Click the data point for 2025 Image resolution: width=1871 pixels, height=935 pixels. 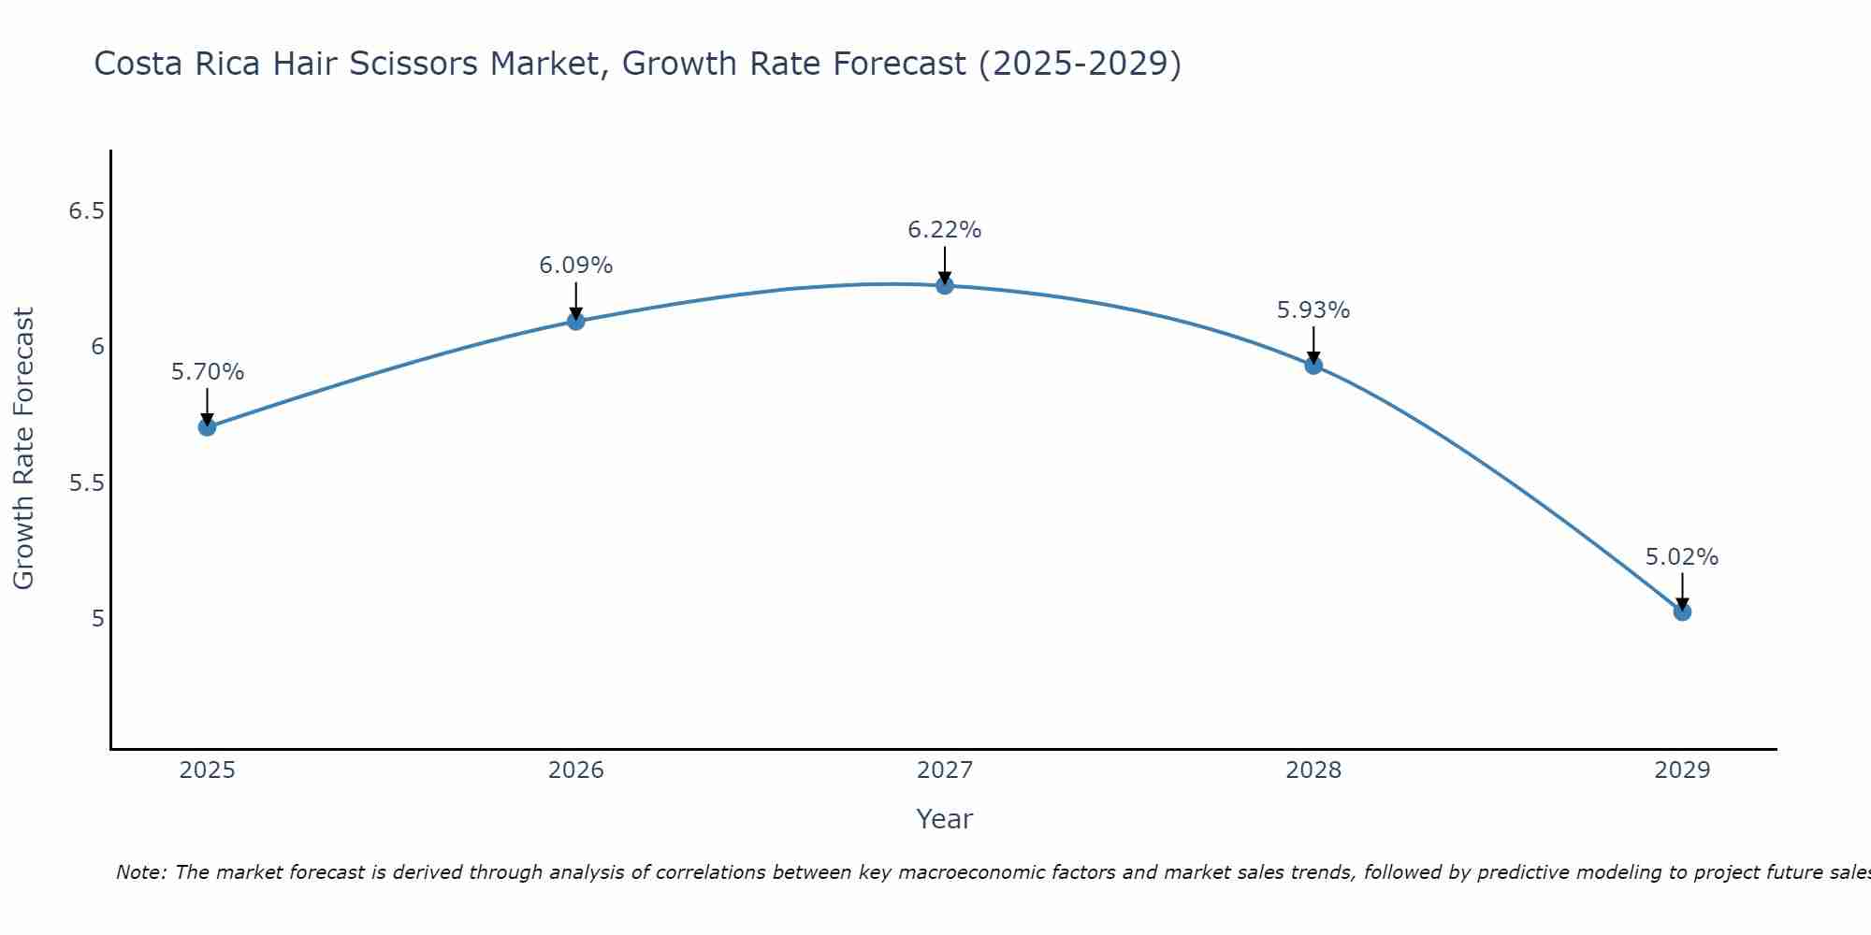click(207, 427)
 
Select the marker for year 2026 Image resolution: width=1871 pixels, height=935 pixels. click(575, 321)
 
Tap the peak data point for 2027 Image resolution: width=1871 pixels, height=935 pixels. click(944, 285)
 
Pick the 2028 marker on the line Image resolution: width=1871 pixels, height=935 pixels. click(1313, 365)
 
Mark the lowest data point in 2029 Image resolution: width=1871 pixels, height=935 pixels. click(1681, 611)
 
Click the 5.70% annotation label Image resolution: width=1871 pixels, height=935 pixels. click(207, 372)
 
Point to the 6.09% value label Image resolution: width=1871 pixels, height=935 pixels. click(575, 266)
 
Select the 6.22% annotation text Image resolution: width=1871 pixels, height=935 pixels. click(944, 230)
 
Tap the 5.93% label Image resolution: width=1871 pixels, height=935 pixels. click(1313, 310)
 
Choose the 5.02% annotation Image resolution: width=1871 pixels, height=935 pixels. click(1681, 557)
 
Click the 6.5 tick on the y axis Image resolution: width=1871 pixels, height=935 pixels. click(86, 211)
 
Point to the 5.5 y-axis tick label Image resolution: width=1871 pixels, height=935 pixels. click(86, 483)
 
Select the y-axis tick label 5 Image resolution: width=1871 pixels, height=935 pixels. click(96, 619)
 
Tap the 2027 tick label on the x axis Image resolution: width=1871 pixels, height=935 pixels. click(944, 770)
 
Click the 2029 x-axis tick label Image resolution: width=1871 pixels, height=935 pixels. click(1681, 770)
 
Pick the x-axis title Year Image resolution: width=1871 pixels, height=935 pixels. click(944, 819)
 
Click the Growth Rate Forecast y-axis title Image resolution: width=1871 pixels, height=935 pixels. click(24, 449)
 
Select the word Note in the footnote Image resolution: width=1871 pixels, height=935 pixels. click(139, 872)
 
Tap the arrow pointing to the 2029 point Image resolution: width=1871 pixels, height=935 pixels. click(1681, 592)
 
